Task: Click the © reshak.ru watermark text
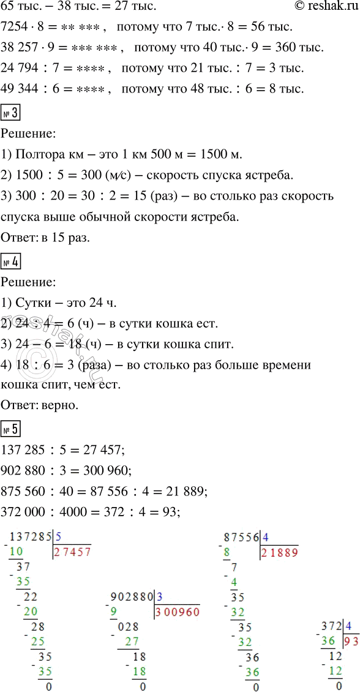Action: (x=321, y=7)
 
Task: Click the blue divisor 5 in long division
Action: (x=58, y=536)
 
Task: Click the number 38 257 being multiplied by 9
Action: (x=25, y=48)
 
